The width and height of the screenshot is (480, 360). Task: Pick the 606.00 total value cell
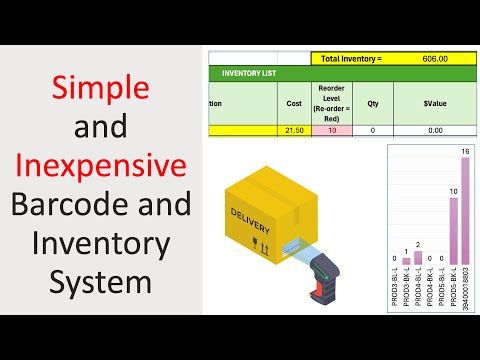click(x=434, y=59)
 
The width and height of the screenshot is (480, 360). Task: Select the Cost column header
click(x=294, y=102)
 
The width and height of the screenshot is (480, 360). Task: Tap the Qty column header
click(x=372, y=102)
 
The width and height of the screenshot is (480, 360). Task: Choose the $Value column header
click(x=434, y=102)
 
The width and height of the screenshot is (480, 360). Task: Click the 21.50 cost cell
click(x=294, y=130)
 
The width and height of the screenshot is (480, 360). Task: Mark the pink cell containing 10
click(x=332, y=130)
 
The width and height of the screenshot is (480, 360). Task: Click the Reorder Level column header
click(x=332, y=102)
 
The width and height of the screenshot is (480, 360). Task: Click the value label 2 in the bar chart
click(x=418, y=244)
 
